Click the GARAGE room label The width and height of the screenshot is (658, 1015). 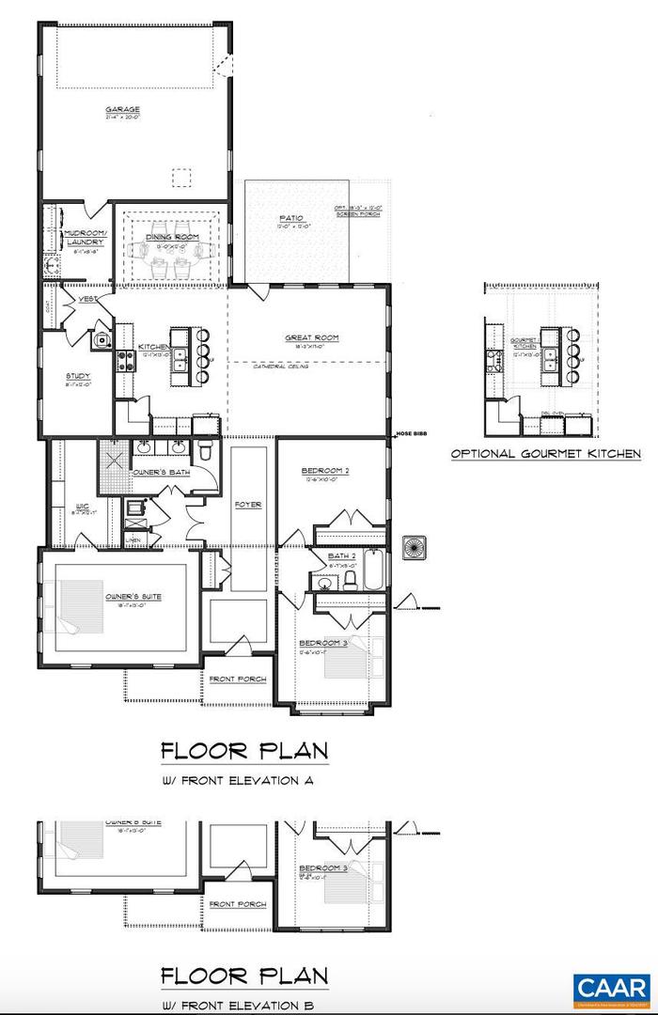(121, 110)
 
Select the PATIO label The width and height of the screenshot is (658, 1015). (290, 220)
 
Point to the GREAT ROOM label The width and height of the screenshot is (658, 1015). (312, 337)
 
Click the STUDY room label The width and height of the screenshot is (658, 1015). (77, 376)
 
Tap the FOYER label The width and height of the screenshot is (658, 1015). (248, 505)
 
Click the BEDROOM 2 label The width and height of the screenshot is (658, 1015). (325, 471)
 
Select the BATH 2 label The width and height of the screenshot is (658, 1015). (339, 556)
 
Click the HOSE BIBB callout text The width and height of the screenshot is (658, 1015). (411, 433)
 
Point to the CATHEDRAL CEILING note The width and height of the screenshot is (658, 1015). (281, 367)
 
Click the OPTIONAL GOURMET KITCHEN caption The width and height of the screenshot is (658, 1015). (545, 454)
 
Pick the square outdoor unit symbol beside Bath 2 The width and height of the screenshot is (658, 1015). (415, 547)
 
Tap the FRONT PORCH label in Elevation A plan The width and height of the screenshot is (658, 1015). (237, 679)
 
